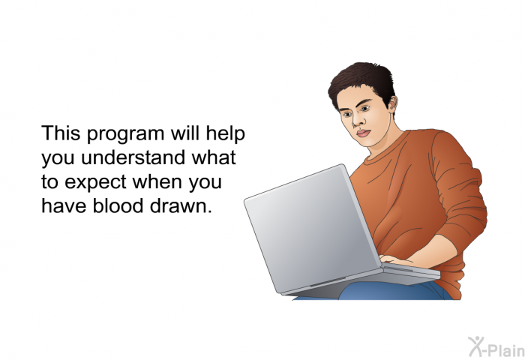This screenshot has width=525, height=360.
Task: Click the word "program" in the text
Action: [x=126, y=134]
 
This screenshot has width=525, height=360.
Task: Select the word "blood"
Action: [x=118, y=205]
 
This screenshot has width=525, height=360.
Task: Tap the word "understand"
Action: [x=133, y=157]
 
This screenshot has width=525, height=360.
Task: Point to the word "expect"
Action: [x=95, y=183]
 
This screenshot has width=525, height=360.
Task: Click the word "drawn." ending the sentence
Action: [x=181, y=205]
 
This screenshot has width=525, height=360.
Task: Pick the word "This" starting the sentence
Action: [x=61, y=133]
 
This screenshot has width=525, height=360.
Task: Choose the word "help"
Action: [x=225, y=133]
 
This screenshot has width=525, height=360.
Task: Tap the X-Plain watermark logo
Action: [x=496, y=346]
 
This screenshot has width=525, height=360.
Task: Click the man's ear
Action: [x=392, y=103]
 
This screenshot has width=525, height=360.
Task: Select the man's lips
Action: [x=363, y=133]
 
